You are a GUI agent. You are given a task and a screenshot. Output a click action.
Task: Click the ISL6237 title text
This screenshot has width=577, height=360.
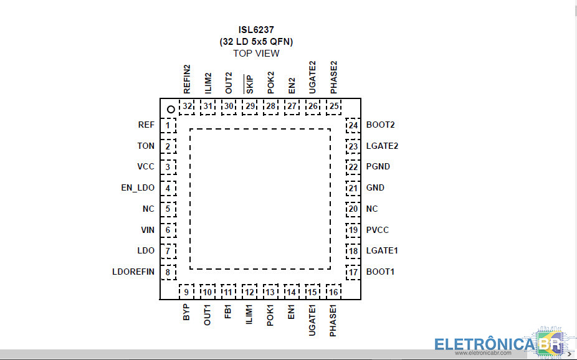(256, 30)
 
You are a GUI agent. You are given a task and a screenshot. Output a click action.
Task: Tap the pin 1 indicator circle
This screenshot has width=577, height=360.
(171, 110)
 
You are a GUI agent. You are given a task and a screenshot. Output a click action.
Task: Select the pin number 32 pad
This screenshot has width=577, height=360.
(187, 107)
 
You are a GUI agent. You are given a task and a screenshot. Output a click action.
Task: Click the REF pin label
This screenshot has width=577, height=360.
(146, 125)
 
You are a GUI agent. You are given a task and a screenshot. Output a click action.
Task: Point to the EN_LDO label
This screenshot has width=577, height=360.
(138, 188)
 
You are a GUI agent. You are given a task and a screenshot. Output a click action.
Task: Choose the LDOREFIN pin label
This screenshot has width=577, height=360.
(133, 272)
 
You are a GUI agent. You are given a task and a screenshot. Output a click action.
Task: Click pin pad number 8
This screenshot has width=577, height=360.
(168, 272)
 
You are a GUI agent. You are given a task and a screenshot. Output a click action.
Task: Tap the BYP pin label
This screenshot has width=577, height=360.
(186, 312)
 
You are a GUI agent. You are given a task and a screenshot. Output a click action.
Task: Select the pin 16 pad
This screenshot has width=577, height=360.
(333, 291)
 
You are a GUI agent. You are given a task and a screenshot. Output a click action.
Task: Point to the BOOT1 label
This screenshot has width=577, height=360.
(380, 272)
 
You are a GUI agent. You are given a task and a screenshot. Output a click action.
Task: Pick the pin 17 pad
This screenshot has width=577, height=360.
(353, 272)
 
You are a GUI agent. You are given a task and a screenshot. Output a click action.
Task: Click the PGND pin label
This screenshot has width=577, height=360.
(378, 166)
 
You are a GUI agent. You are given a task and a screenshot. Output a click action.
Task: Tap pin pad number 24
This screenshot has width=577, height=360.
(353, 125)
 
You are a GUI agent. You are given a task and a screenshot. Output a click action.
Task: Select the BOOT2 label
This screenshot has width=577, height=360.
(381, 125)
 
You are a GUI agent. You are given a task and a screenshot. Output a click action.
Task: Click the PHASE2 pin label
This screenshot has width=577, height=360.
(333, 78)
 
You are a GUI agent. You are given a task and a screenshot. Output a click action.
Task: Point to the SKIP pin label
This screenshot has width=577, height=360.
(249, 84)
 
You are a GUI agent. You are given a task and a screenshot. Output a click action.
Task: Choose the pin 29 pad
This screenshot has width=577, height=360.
(250, 107)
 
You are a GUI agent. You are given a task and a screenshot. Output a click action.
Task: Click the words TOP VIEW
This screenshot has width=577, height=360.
(256, 54)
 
